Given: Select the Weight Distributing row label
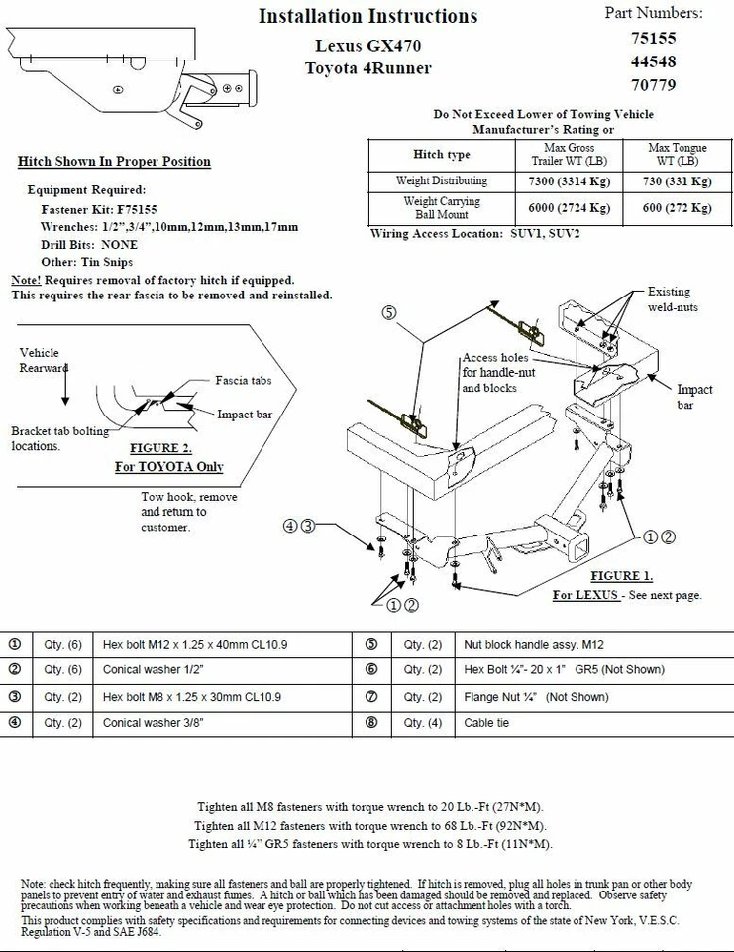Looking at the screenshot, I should [x=442, y=181].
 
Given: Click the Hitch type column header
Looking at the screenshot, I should [x=442, y=155].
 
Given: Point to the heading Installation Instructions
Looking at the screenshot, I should [x=367, y=16].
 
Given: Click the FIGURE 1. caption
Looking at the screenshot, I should [x=621, y=576].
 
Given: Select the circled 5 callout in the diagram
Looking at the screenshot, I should [x=389, y=311].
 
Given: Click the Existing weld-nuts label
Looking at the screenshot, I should [x=674, y=299].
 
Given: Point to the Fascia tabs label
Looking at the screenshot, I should [x=243, y=380].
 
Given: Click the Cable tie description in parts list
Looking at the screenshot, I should [x=486, y=723].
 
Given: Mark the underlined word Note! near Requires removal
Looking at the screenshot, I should [x=25, y=281].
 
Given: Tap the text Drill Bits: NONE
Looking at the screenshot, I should [x=89, y=244].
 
